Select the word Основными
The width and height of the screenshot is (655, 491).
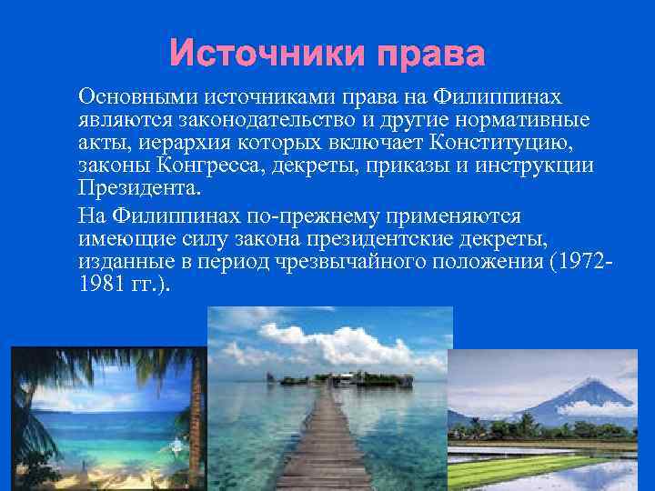[139, 96]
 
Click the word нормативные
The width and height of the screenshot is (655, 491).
[529, 120]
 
